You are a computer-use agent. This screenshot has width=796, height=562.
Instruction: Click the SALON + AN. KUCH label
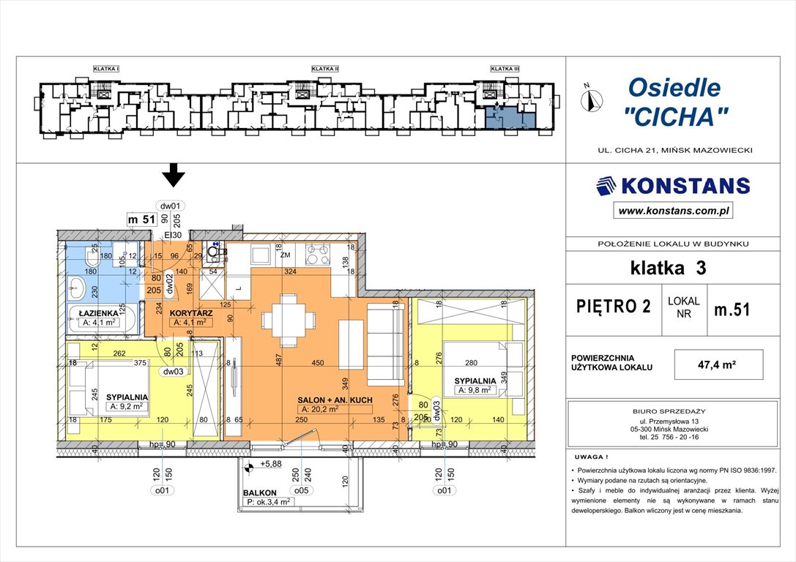(x=335, y=400)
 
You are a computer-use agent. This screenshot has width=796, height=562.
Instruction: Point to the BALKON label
(x=260, y=492)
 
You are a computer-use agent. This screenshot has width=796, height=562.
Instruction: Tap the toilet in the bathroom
(x=91, y=257)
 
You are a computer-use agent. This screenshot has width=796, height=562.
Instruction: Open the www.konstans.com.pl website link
(x=672, y=211)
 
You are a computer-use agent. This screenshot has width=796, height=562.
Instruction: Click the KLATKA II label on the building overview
(x=324, y=69)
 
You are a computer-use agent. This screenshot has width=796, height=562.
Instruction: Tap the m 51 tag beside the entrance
(x=141, y=219)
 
